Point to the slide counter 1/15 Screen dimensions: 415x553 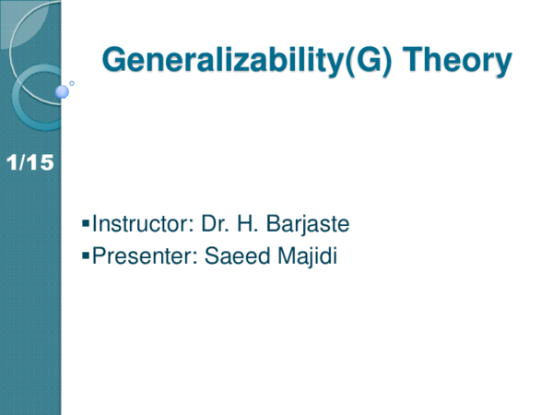29,164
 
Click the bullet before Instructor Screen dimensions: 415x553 86,224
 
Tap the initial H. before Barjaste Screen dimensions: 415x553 246,224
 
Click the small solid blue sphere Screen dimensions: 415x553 63,90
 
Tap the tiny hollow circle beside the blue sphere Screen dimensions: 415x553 73,83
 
